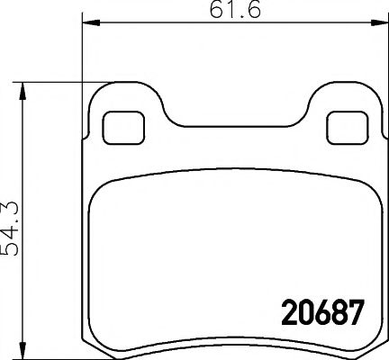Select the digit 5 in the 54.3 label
pos(12,248)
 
